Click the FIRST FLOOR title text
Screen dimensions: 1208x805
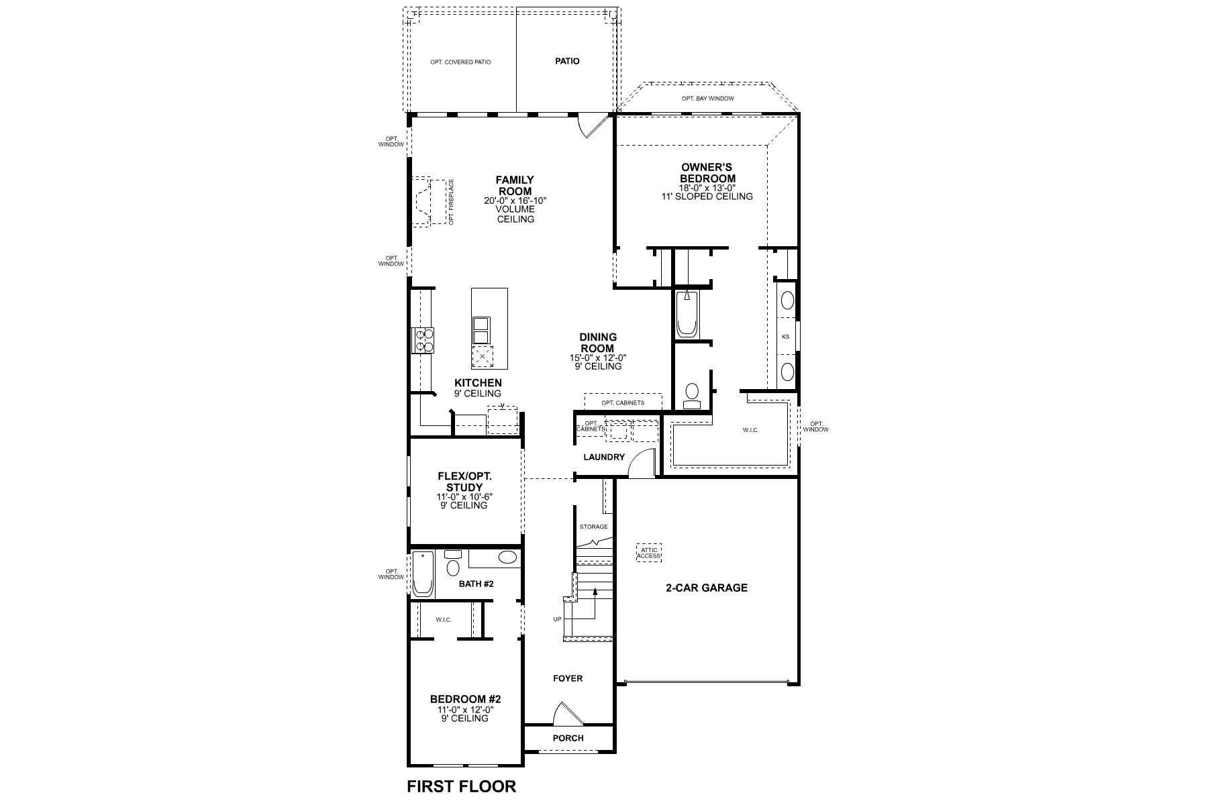click(x=462, y=786)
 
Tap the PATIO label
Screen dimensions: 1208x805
click(x=567, y=61)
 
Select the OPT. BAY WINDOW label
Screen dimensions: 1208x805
click(x=707, y=99)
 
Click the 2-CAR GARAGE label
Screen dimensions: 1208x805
click(x=706, y=588)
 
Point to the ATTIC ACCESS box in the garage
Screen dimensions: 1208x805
click(x=648, y=552)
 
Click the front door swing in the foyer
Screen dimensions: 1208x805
click(x=563, y=714)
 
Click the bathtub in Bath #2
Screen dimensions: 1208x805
click(x=423, y=574)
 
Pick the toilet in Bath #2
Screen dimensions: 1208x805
click(x=453, y=562)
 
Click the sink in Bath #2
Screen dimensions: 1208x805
click(x=508, y=557)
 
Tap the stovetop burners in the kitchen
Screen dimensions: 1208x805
click(x=423, y=339)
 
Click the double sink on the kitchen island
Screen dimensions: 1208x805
click(x=481, y=330)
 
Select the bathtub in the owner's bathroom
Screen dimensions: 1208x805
click(x=687, y=314)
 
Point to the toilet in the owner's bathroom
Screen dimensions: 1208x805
click(x=691, y=394)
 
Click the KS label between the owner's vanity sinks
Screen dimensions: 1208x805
click(x=786, y=336)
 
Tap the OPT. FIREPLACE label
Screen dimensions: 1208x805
click(x=452, y=202)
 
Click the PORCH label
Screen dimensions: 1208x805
click(x=568, y=738)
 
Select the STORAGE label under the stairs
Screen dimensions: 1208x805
click(x=594, y=527)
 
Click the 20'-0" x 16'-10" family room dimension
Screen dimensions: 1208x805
click(x=515, y=201)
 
